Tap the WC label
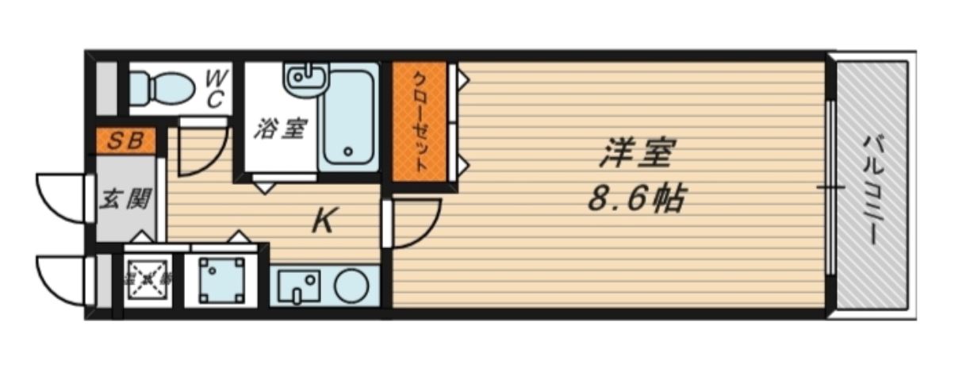coord(215,89)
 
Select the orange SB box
coord(126,142)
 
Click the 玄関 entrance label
coord(125,199)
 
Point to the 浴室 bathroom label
coord(279,128)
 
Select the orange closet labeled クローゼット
coord(420,125)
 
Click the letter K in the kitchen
coord(321,221)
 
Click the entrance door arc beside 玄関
coord(62,198)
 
